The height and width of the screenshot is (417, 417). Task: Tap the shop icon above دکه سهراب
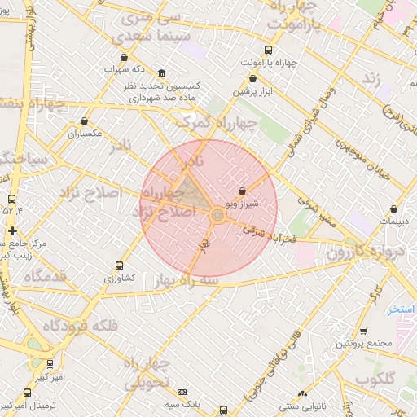click(124, 57)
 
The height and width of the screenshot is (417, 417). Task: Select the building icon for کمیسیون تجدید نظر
click(162, 73)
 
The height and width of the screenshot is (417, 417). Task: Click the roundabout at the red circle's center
click(217, 215)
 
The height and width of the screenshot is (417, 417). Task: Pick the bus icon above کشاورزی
click(120, 266)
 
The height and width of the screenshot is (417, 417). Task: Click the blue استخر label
click(402, 309)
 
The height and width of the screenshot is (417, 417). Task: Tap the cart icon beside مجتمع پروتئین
click(362, 331)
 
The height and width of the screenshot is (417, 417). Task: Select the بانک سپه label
click(182, 404)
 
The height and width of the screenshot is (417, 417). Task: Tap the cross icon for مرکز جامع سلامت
click(11, 230)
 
